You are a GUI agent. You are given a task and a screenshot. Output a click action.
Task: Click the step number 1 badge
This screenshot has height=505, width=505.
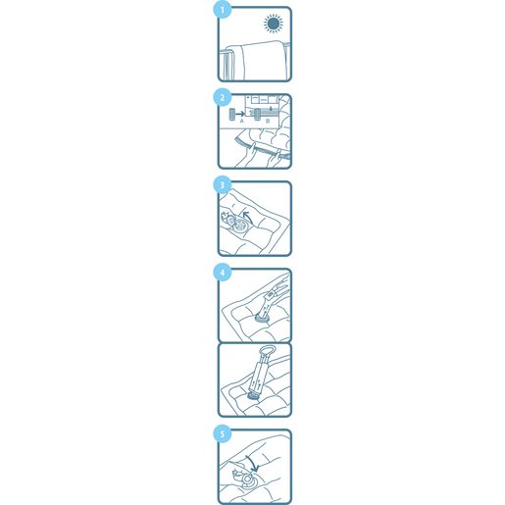[x=223, y=10]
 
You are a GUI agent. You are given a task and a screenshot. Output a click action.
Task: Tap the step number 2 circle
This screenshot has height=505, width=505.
[x=223, y=97]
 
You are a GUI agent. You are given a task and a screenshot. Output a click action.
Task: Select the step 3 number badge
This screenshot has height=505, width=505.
[x=223, y=185]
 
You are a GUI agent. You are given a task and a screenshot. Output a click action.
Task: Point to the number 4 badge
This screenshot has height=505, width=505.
[x=223, y=273]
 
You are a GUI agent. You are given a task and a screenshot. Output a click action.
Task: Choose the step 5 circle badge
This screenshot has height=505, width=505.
[x=223, y=434]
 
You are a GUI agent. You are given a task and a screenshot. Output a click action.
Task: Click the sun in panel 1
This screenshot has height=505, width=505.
[x=274, y=24]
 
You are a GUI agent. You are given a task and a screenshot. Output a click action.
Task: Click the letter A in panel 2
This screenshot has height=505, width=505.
[x=242, y=121]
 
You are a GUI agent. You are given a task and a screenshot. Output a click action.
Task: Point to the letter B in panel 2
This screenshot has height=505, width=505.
[x=268, y=122]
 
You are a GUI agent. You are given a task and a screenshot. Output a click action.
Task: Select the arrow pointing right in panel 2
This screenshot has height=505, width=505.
[x=240, y=114]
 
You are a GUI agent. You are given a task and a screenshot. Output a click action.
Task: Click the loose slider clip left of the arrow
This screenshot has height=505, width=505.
[x=231, y=114]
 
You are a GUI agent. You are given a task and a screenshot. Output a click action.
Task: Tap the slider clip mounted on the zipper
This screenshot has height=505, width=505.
[x=258, y=114]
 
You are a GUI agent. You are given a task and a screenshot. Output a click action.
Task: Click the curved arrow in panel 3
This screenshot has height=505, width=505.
[x=248, y=216]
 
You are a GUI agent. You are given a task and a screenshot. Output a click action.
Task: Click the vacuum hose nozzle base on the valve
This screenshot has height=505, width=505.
[x=262, y=318]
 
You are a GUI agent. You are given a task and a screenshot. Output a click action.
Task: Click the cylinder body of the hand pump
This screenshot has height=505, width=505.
[x=259, y=376]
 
